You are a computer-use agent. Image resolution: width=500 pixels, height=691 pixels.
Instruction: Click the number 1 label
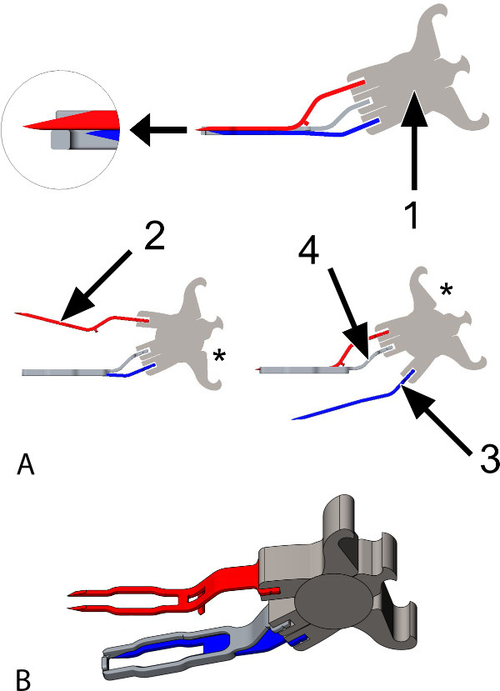[x=412, y=211]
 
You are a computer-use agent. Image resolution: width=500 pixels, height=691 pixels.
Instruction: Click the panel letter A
[x=26, y=465]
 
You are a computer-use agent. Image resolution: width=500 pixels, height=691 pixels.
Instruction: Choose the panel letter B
[x=23, y=679]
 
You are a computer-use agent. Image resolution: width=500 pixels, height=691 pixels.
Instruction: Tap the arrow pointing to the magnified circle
[x=159, y=129]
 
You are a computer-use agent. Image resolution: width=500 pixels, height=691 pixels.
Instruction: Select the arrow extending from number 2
[x=96, y=286]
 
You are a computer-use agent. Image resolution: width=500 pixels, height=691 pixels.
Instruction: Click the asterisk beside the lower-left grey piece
[x=219, y=355]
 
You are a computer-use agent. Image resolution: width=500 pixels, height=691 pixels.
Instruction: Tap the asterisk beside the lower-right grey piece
[x=447, y=289]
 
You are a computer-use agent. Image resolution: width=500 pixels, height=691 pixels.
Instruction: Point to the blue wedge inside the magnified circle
[x=103, y=135]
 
